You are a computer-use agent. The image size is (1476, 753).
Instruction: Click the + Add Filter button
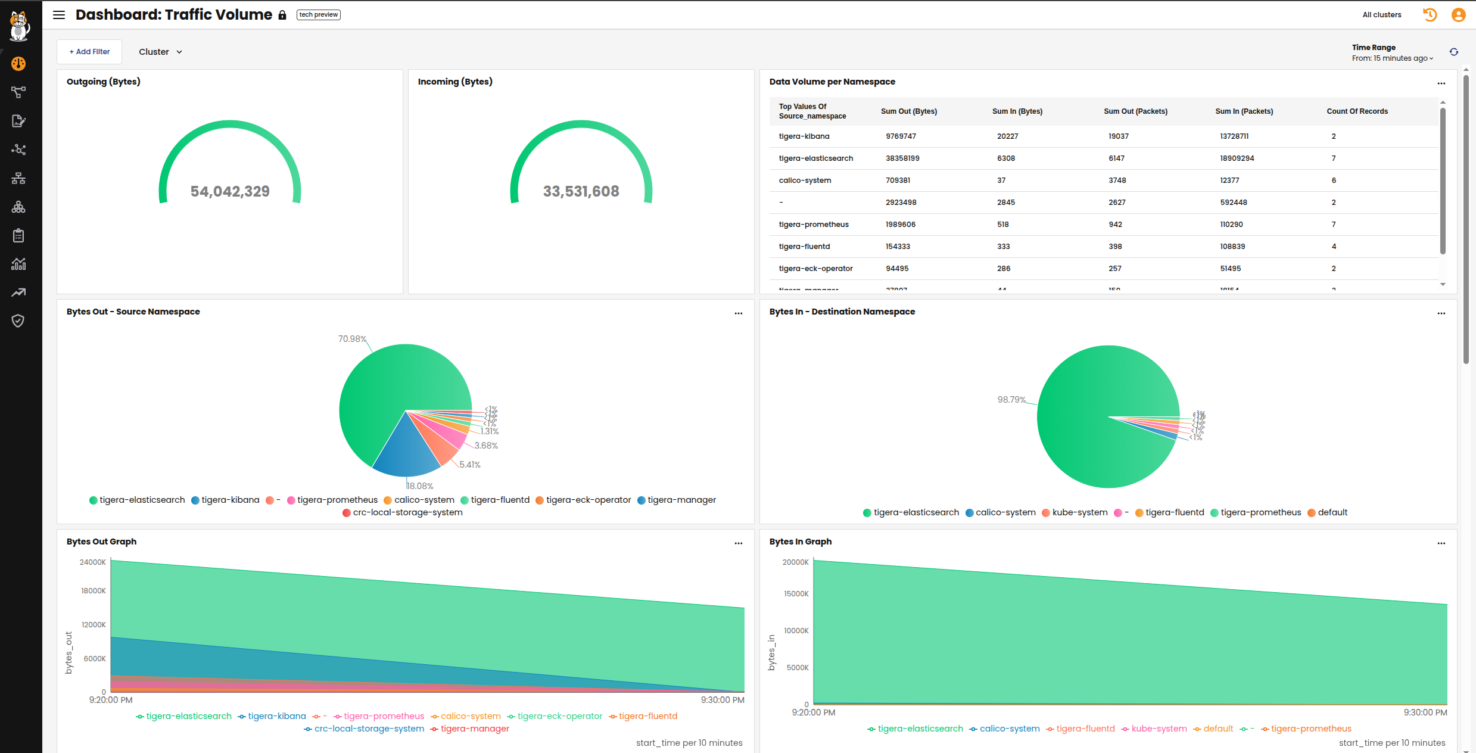(x=89, y=52)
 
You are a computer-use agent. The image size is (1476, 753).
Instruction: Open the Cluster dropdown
(x=160, y=52)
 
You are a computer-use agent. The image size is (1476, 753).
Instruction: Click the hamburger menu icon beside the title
(x=59, y=15)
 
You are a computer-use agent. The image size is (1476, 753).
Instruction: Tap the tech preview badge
(x=319, y=15)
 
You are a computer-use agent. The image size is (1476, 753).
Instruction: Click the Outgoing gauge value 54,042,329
(x=230, y=191)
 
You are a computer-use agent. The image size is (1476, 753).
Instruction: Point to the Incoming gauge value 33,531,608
(x=581, y=191)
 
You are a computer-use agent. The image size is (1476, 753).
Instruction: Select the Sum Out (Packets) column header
(x=1135, y=111)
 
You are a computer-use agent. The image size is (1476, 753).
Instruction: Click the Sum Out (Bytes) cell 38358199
(x=902, y=158)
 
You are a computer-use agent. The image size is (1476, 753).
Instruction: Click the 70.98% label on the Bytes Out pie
(x=352, y=339)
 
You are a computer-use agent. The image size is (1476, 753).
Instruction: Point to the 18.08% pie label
(x=421, y=486)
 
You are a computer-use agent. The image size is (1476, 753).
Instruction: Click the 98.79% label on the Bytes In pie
(x=1011, y=400)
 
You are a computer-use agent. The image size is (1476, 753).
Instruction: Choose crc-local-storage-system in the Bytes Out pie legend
(x=407, y=512)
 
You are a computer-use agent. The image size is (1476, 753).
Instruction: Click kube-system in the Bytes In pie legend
(x=1079, y=512)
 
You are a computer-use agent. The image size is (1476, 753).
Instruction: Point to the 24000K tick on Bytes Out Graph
(x=93, y=562)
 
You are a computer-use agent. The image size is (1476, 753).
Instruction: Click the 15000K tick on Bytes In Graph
(x=796, y=594)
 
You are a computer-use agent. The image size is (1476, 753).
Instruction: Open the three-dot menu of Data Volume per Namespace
(x=1441, y=83)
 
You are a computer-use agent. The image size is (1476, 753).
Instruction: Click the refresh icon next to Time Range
(x=1454, y=52)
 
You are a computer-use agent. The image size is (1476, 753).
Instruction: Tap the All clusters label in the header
(x=1382, y=15)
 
